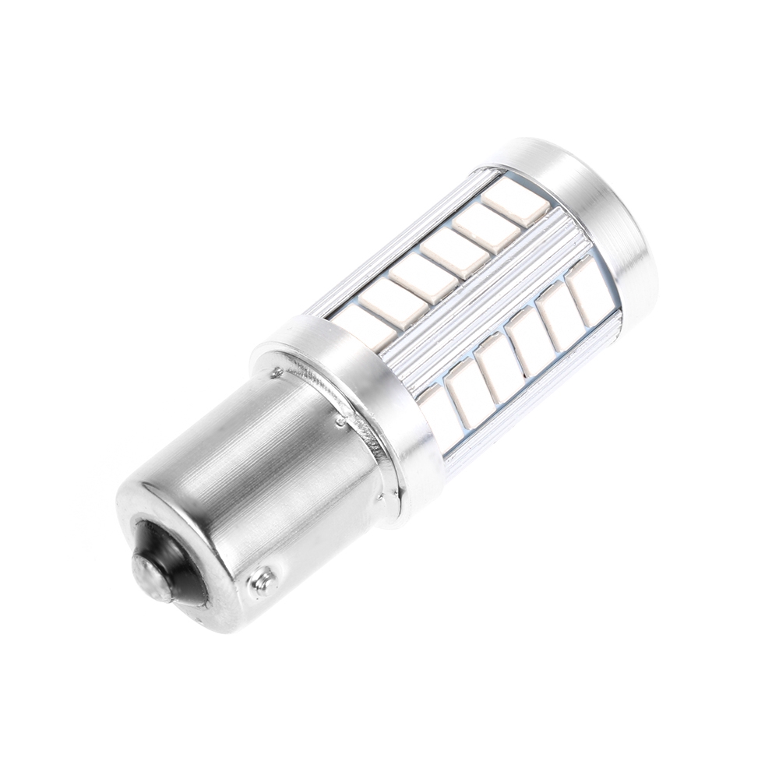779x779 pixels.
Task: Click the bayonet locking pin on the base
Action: (x=262, y=580)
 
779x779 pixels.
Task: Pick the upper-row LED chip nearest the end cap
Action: (x=515, y=204)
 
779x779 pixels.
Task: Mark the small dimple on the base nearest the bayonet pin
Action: (x=340, y=421)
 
